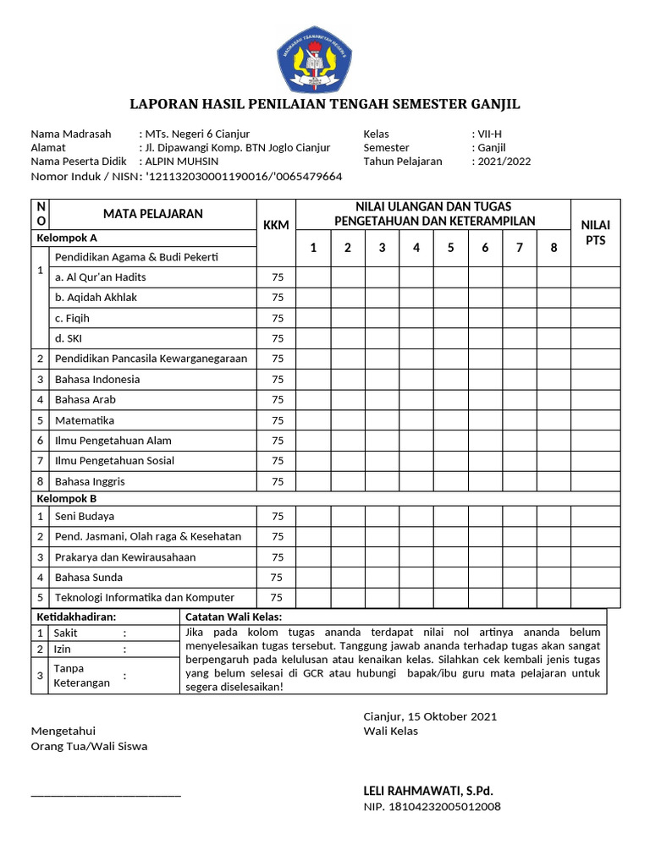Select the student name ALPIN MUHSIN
[x=181, y=162]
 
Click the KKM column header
[x=276, y=224]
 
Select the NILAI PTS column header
[x=596, y=233]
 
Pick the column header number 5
[x=451, y=248]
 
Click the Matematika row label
[x=85, y=420]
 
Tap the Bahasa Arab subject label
[x=85, y=399]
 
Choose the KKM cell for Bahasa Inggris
[x=277, y=482]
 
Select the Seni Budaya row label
[x=85, y=516]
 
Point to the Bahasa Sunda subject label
[x=89, y=578]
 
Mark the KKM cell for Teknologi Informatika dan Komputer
[x=276, y=598]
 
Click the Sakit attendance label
[x=66, y=633]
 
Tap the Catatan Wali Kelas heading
[x=234, y=617]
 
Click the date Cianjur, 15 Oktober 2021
[x=430, y=716]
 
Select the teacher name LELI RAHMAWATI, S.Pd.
[x=427, y=791]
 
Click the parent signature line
[x=106, y=794]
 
